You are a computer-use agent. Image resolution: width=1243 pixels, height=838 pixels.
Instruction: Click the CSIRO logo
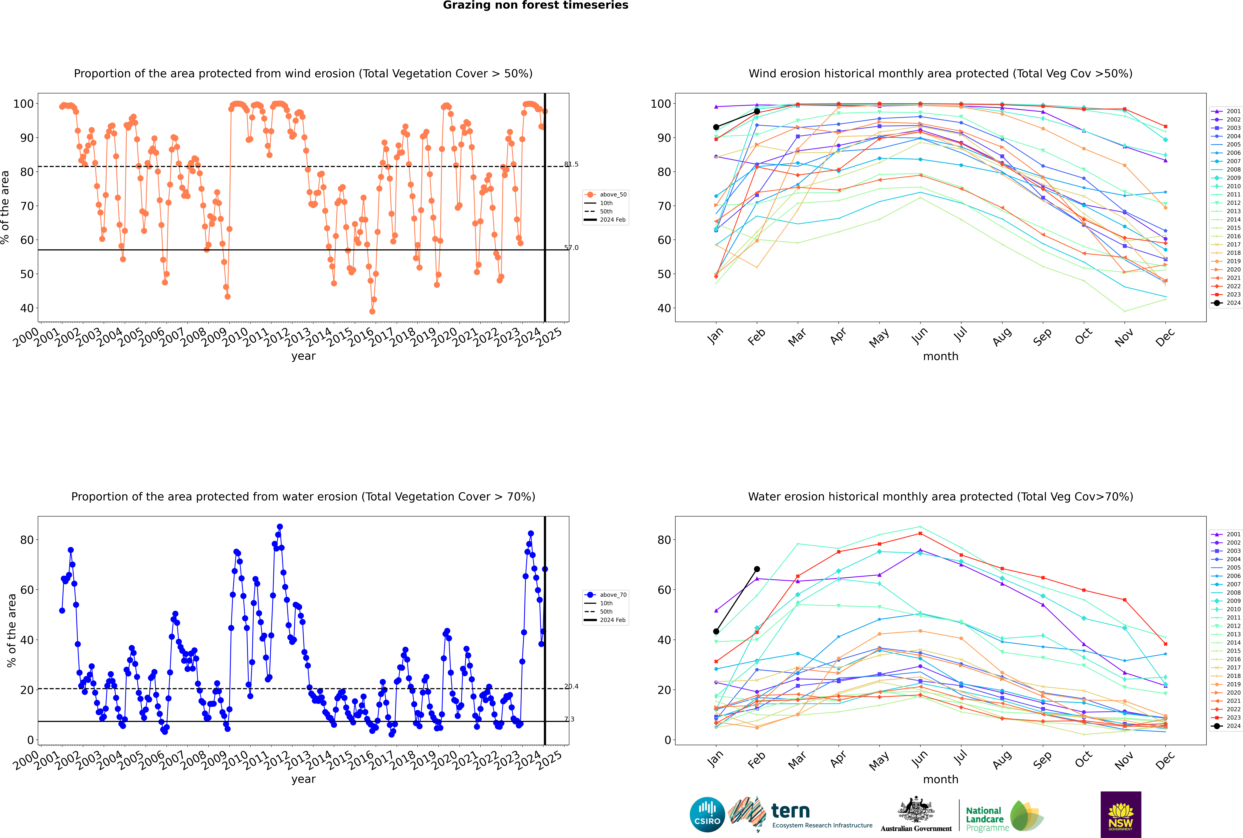(707, 815)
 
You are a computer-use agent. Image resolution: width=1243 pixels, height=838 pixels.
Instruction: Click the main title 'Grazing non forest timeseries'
(535, 5)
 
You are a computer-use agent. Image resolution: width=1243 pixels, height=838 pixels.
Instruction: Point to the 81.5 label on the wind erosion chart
(571, 164)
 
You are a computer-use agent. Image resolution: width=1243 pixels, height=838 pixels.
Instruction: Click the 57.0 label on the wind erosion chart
(571, 248)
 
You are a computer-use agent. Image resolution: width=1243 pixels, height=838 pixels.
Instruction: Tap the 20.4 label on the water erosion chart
(571, 686)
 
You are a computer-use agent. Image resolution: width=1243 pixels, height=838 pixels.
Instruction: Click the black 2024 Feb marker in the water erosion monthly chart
(757, 569)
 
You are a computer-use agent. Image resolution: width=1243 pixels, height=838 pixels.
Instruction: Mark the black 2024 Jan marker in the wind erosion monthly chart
(716, 127)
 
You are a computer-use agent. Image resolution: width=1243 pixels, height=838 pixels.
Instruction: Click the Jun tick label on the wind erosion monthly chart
(920, 335)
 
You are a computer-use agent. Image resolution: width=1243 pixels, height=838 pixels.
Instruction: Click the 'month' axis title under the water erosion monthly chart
(941, 779)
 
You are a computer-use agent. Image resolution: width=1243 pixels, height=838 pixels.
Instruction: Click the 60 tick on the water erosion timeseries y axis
(27, 590)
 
